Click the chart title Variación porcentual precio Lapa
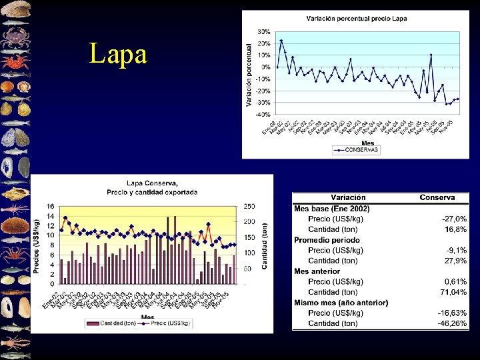(x=356, y=19)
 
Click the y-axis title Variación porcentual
(x=249, y=75)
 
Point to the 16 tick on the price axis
(x=50, y=207)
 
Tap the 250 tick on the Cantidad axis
(x=249, y=207)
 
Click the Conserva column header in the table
(x=437, y=197)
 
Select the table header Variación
(x=348, y=197)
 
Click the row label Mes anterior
(x=326, y=271)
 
